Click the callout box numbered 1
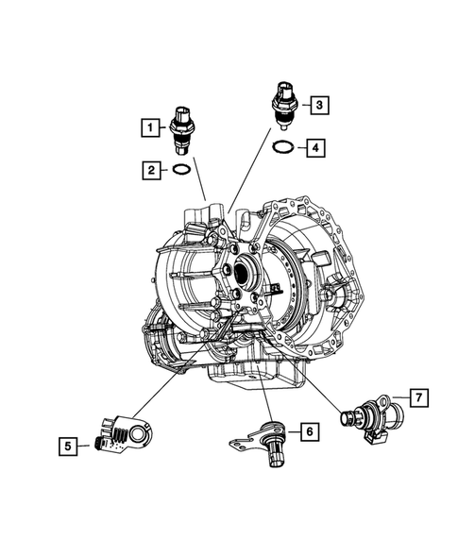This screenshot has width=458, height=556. (148, 125)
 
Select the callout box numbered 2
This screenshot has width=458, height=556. (148, 170)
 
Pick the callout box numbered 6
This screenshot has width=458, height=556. (308, 431)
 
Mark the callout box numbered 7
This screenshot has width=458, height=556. (416, 396)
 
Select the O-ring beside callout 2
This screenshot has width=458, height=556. (182, 171)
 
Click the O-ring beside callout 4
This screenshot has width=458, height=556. (282, 147)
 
